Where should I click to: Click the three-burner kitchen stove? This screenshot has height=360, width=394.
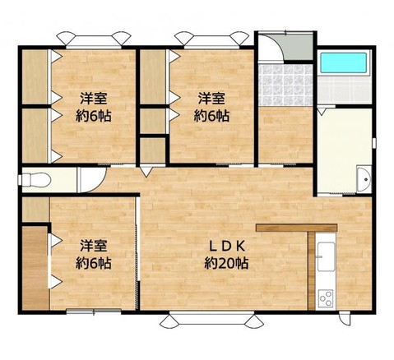[x=324, y=295]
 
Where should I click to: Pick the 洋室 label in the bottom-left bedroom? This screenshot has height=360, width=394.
[x=95, y=246]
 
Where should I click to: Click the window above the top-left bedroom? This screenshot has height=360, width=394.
[x=91, y=36]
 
